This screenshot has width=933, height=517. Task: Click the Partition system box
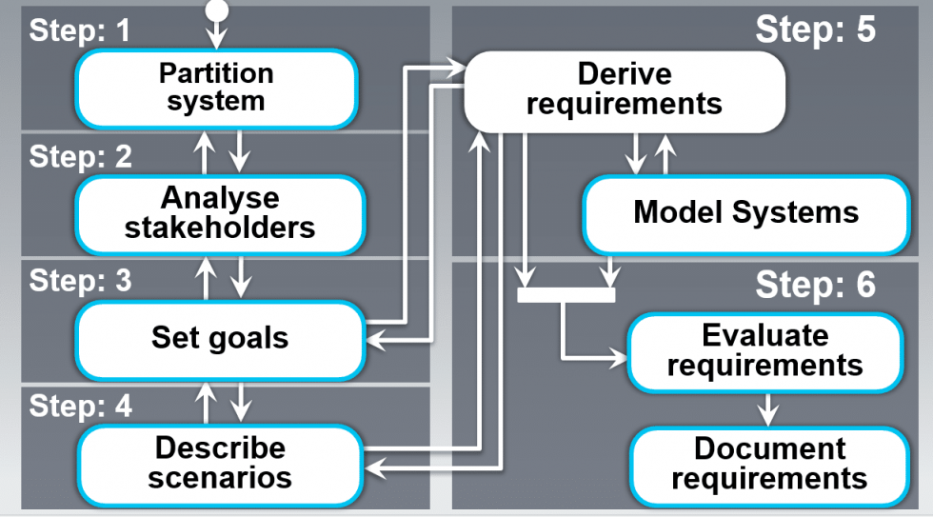tap(216, 88)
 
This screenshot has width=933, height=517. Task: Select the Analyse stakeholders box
tap(220, 212)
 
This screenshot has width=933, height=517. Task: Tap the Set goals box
tap(220, 337)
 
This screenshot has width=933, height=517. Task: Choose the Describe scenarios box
tap(220, 462)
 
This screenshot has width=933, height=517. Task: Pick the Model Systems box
tap(745, 212)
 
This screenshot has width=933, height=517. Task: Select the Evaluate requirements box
tap(764, 350)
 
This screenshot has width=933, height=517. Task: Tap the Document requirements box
tap(768, 463)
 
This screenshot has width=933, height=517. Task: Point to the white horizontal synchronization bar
tap(566, 294)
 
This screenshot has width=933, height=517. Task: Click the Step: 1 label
tap(80, 30)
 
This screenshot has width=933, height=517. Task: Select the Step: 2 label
tap(80, 156)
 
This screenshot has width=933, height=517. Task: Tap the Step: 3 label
tap(80, 281)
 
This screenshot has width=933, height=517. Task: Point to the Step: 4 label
tap(80, 406)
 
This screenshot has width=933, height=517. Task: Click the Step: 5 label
tap(814, 30)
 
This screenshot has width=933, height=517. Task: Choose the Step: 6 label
tap(814, 285)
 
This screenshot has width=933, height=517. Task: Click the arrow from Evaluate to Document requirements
tap(767, 408)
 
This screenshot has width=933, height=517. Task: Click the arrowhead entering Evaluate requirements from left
tap(620, 358)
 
